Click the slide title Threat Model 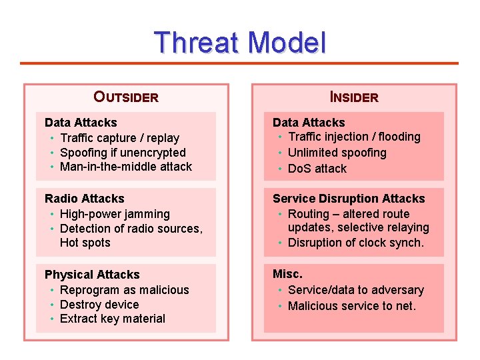point(240,43)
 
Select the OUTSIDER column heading point(126,97)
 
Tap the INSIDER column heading point(354,97)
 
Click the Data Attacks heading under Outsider point(81,123)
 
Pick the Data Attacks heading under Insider point(309,123)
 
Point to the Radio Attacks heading point(85,199)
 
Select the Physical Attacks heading point(92,275)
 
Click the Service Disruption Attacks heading point(349,199)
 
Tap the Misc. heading point(287,274)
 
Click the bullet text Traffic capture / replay point(119,138)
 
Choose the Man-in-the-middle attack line point(126,167)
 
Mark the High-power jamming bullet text point(115,214)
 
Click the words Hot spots point(85,243)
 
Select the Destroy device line point(99,305)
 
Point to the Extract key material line point(113,319)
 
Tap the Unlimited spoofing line point(337,153)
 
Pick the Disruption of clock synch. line point(355,243)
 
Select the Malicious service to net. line point(351,306)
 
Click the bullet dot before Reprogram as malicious point(52,290)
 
